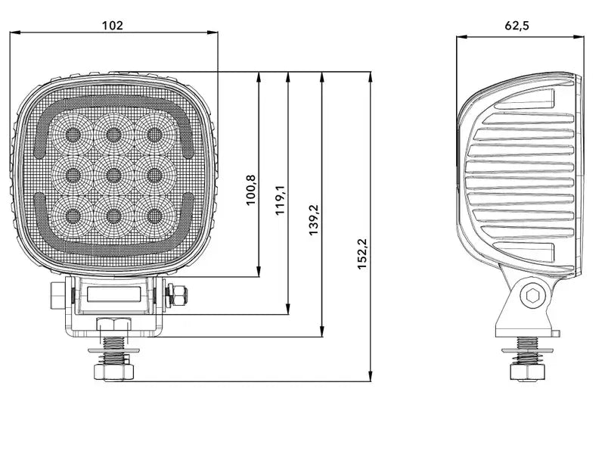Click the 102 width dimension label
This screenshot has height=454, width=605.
coord(112,25)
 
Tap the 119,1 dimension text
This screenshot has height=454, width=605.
coord(280,198)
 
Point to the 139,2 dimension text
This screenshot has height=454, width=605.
coord(313,219)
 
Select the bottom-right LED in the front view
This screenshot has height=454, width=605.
coord(154,214)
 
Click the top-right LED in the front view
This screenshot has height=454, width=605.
coord(154,135)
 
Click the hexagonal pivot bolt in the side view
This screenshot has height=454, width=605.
coord(532,297)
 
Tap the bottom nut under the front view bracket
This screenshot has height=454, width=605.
coord(113,371)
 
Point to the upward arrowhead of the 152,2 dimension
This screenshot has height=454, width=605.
coord(370,77)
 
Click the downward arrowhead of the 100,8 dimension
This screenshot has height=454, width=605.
coord(259,272)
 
